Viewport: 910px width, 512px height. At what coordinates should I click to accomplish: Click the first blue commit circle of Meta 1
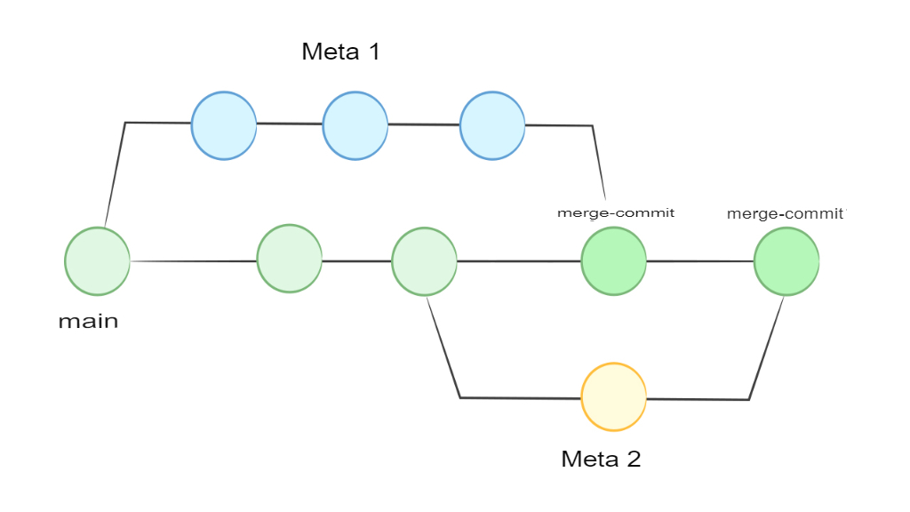224,125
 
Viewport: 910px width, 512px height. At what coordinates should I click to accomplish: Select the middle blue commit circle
355,126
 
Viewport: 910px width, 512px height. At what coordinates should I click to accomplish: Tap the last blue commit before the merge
492,126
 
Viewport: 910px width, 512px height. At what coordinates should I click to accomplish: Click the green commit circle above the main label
97,261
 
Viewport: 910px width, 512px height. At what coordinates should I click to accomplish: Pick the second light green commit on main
289,259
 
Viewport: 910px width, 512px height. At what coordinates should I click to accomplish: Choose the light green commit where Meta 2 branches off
424,261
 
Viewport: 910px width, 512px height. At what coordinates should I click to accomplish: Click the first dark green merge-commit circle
613,261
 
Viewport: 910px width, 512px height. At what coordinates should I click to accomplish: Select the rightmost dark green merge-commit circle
786,261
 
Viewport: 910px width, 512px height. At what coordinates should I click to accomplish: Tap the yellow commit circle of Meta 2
613,396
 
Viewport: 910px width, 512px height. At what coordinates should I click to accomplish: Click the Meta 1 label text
340,52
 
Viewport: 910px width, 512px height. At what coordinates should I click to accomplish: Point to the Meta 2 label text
601,460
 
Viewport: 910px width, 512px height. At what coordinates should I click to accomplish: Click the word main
88,321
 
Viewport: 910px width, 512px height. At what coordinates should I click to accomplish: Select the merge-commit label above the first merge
615,213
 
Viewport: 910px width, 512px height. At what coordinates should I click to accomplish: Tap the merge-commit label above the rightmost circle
786,214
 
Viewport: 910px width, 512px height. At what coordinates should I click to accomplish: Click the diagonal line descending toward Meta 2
443,348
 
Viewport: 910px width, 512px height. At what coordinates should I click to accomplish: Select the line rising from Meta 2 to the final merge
766,348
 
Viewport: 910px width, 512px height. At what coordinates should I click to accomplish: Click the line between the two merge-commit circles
699,261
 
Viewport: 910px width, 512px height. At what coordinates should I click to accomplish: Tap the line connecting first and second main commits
193,261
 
